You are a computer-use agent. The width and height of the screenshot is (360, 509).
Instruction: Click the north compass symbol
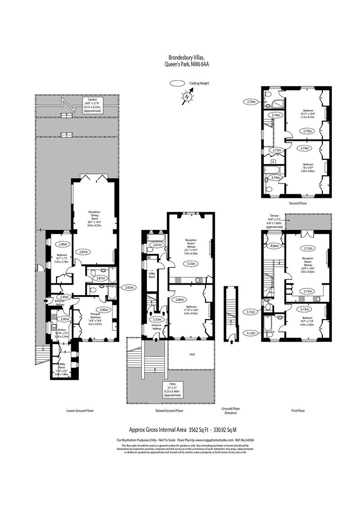[x=187, y=97]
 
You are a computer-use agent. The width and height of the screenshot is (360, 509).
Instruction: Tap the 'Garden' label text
[x=90, y=100]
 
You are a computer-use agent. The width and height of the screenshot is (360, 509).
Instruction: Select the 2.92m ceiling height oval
[x=129, y=287]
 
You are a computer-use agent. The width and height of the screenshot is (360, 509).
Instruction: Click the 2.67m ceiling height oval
[x=157, y=245]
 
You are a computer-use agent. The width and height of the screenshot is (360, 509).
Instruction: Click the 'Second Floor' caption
[x=297, y=204]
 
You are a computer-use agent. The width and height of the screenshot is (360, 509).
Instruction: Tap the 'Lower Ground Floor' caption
[x=80, y=410]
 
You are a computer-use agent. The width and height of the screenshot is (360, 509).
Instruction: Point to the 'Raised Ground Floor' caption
[x=169, y=410]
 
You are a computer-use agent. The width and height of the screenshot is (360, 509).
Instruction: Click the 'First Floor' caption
[x=298, y=410]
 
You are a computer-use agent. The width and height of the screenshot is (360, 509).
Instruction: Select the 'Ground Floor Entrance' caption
[x=231, y=410]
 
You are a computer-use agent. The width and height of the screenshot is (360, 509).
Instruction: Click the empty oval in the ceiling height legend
[x=177, y=83]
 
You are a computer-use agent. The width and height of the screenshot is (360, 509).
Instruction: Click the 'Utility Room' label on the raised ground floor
[x=153, y=274]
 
